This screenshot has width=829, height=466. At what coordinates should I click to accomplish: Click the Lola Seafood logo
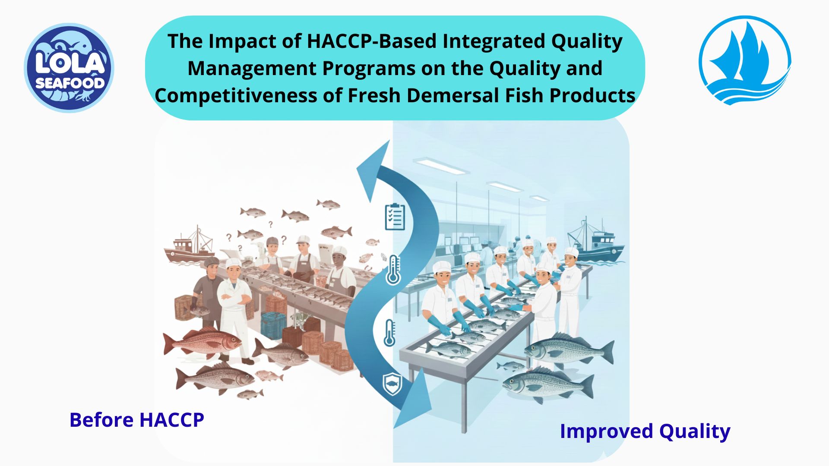tap(69, 68)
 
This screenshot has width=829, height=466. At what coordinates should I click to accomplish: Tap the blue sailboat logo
tap(744, 60)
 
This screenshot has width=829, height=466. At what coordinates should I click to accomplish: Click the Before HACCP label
tap(136, 420)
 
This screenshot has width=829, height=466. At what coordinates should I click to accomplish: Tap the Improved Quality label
tap(645, 431)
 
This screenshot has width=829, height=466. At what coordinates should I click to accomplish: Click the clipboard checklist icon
tap(395, 217)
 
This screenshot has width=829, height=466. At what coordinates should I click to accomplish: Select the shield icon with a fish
tap(392, 384)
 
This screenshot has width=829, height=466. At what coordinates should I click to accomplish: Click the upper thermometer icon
tap(393, 270)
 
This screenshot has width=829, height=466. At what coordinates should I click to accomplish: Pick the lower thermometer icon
tap(389, 333)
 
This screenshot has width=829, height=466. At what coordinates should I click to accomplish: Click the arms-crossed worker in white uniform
tap(233, 302)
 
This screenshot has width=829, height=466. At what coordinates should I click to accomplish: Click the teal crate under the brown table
tap(273, 324)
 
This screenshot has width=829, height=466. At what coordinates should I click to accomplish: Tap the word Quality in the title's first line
tap(586, 41)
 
